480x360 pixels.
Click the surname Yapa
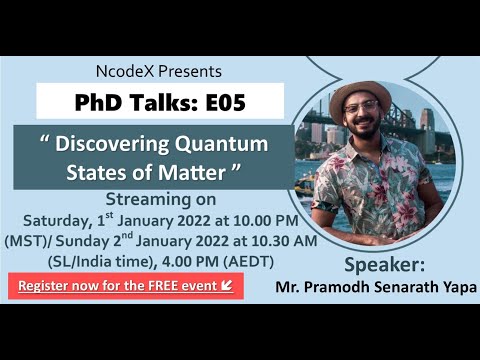pos(456,288)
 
